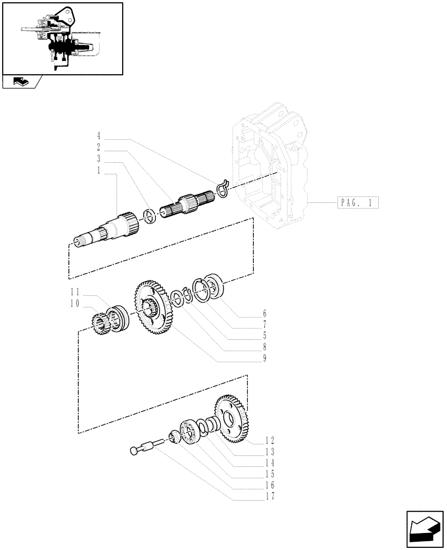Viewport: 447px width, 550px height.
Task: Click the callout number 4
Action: click(x=99, y=134)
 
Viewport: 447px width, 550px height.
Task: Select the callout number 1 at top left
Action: click(x=99, y=170)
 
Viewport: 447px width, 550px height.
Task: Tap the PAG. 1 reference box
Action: click(x=357, y=203)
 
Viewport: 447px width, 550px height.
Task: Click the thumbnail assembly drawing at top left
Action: click(x=61, y=38)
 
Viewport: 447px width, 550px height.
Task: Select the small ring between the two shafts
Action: click(x=148, y=215)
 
